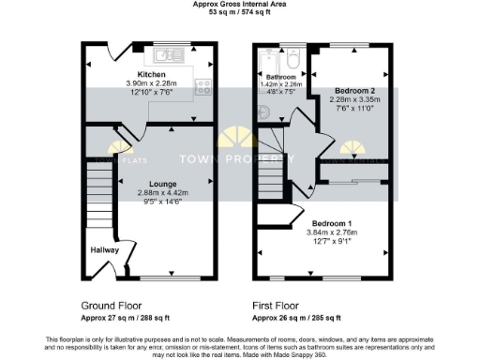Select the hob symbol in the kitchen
click(x=202, y=87)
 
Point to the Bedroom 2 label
click(x=353, y=91)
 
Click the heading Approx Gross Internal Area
click(x=240, y=5)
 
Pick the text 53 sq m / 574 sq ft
click(x=240, y=13)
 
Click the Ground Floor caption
click(x=112, y=306)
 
